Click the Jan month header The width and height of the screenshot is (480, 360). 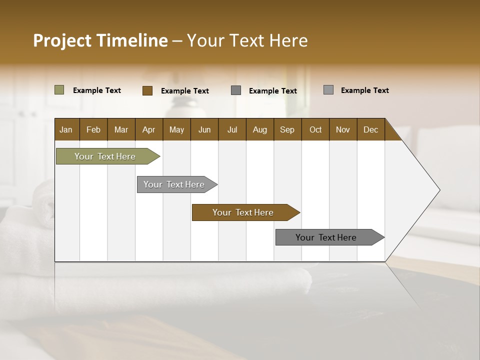pos(66,129)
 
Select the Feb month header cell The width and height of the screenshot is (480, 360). pos(93,129)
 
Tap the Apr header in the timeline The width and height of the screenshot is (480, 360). pos(148,129)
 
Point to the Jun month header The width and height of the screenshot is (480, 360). pos(204,129)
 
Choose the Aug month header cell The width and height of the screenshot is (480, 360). pos(259,129)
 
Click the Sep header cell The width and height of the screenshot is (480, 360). pos(287,129)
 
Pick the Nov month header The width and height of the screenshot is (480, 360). pos(342,129)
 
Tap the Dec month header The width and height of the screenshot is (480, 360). pos(370,129)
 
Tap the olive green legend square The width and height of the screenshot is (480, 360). pos(59,90)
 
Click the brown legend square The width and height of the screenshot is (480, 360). pos(147,90)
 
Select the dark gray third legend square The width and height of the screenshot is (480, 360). pos(236,90)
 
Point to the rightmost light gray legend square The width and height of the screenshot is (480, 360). pos(328,90)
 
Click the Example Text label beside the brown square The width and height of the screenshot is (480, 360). pos(184,90)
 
